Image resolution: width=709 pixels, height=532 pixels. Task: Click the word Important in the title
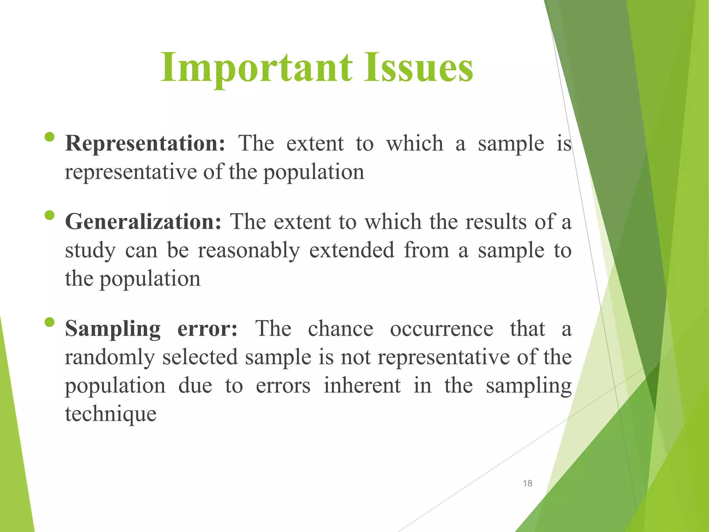pyautogui.click(x=256, y=68)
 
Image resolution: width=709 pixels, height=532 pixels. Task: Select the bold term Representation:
pyautogui.click(x=145, y=143)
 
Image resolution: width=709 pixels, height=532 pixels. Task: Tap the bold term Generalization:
pyautogui.click(x=143, y=222)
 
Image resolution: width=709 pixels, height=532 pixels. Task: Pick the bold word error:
pyautogui.click(x=207, y=328)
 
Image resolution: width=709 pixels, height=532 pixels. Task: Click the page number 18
pyautogui.click(x=527, y=483)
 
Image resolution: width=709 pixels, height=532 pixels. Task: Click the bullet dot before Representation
pyautogui.click(x=50, y=137)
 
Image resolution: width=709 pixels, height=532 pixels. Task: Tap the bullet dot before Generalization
pyautogui.click(x=50, y=215)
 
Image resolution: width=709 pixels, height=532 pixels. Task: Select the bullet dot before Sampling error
pyautogui.click(x=50, y=322)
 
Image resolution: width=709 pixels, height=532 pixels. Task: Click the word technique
pyautogui.click(x=111, y=414)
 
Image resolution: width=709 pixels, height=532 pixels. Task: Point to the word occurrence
pyautogui.click(x=441, y=328)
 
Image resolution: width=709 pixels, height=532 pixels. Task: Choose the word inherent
pyautogui.click(x=362, y=385)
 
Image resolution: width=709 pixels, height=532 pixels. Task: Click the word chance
pyautogui.click(x=341, y=328)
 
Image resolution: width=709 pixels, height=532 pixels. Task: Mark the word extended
pyautogui.click(x=352, y=250)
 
